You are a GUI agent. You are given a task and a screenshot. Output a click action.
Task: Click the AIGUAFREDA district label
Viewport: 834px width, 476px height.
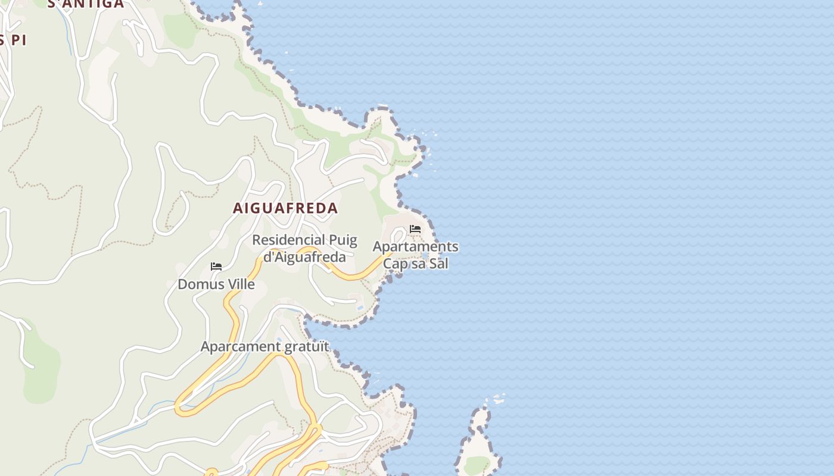[285, 208]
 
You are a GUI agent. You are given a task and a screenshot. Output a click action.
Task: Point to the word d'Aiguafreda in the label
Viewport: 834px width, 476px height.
[304, 257]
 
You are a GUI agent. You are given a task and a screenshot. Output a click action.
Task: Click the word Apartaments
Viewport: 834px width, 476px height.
[415, 246]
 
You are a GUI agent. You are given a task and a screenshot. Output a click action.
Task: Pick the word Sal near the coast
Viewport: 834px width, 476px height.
[438, 263]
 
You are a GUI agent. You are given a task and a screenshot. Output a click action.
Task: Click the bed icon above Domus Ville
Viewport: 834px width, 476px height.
[216, 267]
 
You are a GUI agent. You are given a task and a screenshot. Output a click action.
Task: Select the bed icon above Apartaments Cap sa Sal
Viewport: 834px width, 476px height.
[415, 229]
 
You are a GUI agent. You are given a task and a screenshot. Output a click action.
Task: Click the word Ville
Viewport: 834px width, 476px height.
[241, 284]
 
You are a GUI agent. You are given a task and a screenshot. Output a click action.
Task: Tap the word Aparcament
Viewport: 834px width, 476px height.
[241, 346]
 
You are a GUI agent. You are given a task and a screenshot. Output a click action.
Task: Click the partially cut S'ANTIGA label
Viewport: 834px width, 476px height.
[85, 4]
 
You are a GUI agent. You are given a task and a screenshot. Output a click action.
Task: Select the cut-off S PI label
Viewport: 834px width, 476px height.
[13, 40]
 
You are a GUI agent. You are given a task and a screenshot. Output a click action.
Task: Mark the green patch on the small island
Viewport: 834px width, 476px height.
[477, 465]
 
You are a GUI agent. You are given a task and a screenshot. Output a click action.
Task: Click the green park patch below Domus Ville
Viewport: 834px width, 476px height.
[42, 369]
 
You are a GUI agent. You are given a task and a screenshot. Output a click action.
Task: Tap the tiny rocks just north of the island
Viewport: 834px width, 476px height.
[497, 399]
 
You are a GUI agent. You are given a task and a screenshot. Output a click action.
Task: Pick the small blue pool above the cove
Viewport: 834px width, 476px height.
[359, 307]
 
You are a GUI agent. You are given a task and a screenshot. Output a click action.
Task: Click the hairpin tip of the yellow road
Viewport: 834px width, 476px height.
[179, 408]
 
